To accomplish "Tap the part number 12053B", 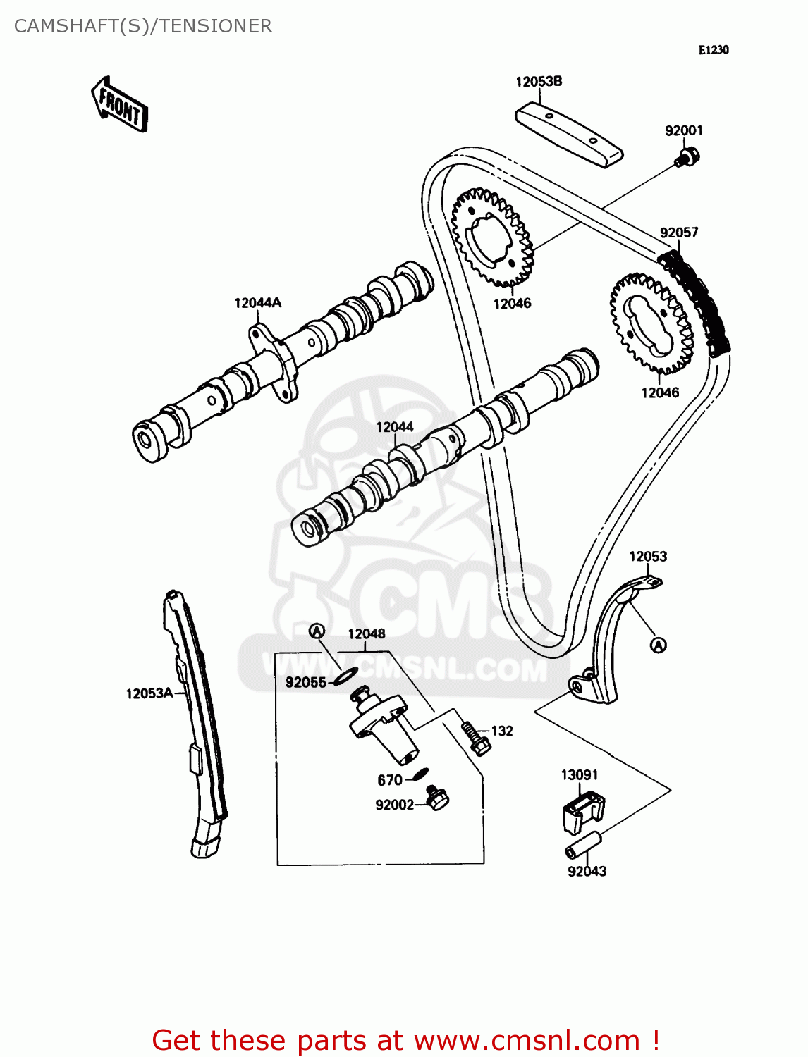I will click(539, 82).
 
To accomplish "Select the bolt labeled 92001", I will click(687, 156).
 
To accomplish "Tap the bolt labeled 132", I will click(476, 737).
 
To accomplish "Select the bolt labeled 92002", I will click(437, 798).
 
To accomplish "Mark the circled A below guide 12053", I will click(658, 645).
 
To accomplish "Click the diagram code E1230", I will click(714, 50).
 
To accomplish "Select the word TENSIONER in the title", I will click(215, 26).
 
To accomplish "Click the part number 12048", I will click(367, 633).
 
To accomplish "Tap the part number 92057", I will click(679, 233).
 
